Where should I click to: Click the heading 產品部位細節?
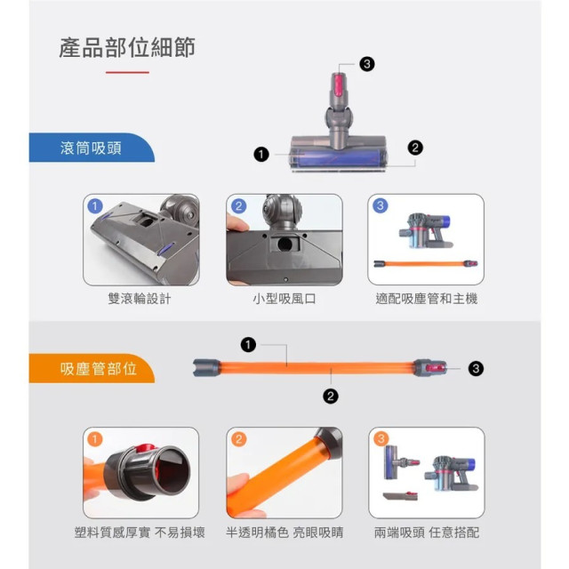pos(126,48)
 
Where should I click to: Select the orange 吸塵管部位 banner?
pos(97,368)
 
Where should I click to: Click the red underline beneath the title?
pos(127,72)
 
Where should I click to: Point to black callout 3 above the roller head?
pos(367,64)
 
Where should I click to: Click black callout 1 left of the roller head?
pos(261,155)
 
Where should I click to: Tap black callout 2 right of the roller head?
pos(415,148)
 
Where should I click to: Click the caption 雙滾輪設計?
pos(140,299)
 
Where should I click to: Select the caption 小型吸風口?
pos(284,299)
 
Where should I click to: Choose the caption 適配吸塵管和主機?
pos(426,299)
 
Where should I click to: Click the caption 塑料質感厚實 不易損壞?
pos(140,533)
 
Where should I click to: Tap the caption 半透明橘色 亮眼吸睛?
pos(284,533)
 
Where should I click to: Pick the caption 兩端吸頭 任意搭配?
pos(427,533)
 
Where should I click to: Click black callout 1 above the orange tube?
pos(248,344)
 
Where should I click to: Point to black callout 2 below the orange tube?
pos(331,397)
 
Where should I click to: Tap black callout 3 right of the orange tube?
pos(476,367)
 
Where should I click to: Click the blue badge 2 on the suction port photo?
pos(238,205)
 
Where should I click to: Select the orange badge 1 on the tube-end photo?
pos(96,439)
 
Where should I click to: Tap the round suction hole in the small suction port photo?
pos(285,242)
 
